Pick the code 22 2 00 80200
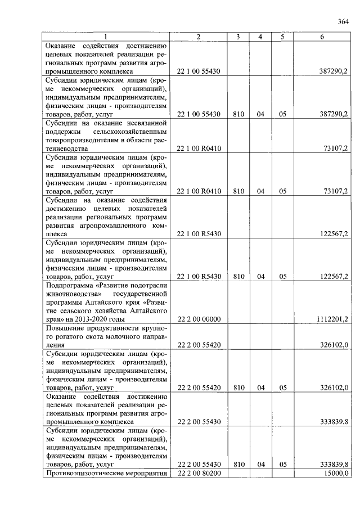[x=198, y=474]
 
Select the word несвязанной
[x=145, y=123]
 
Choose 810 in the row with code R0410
[x=238, y=191]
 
